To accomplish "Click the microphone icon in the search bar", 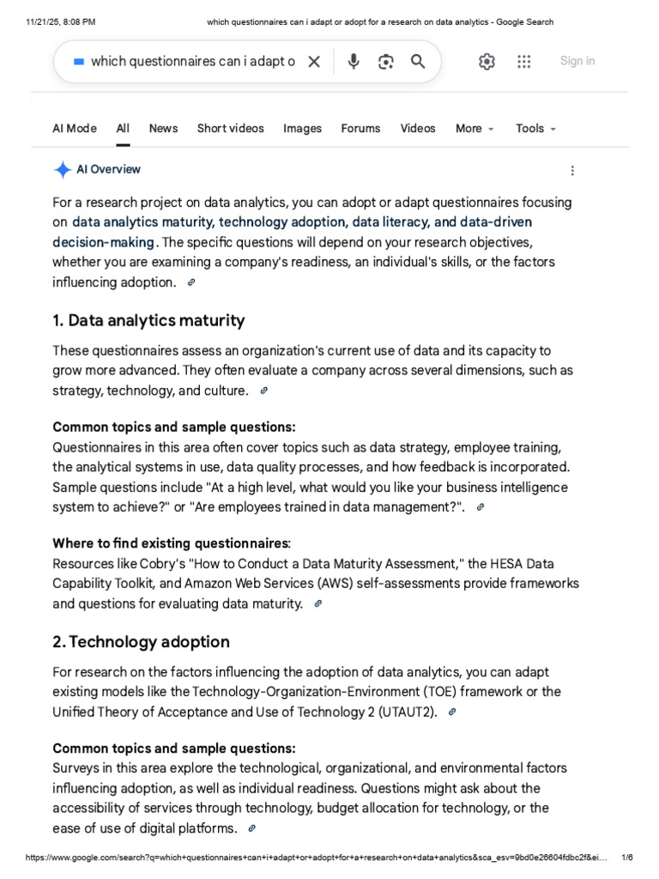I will pyautogui.click(x=354, y=61).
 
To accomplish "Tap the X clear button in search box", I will pyautogui.click(x=314, y=61).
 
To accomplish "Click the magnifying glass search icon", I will pyautogui.click(x=418, y=61).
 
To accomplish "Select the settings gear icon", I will pyautogui.click(x=487, y=61).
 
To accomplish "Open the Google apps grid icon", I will pyautogui.click(x=524, y=61).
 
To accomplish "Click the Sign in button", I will pyautogui.click(x=577, y=61).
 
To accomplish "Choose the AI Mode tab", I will pyautogui.click(x=75, y=128).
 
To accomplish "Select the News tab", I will pyautogui.click(x=163, y=128).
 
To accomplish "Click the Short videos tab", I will pyautogui.click(x=231, y=128).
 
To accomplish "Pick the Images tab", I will pyautogui.click(x=302, y=128).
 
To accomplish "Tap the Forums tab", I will pyautogui.click(x=360, y=128).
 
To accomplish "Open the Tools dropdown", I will pyautogui.click(x=535, y=128).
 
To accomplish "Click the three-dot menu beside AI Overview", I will pyautogui.click(x=572, y=170).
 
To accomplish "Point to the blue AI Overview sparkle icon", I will pyautogui.click(x=63, y=170).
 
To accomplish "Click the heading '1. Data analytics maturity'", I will pyautogui.click(x=148, y=320).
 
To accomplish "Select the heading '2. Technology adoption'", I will pyautogui.click(x=142, y=641).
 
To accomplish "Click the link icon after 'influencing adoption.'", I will pyautogui.click(x=191, y=282).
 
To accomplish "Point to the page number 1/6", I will pyautogui.click(x=627, y=857).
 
